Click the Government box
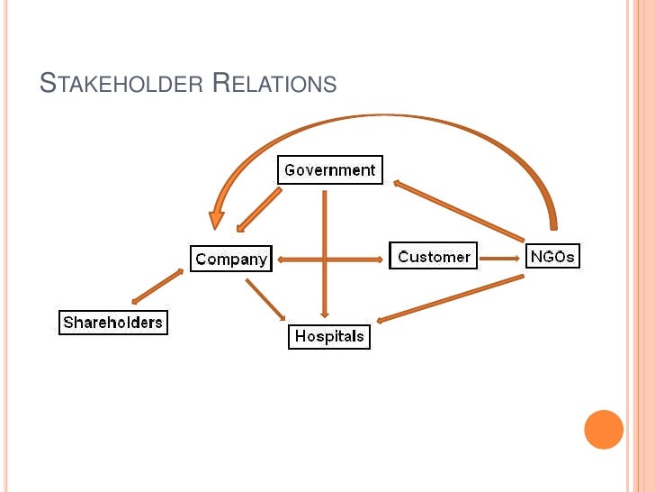pyautogui.click(x=329, y=169)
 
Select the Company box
pyautogui.click(x=231, y=259)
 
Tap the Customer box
pyautogui.click(x=434, y=256)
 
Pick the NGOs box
pyautogui.click(x=552, y=256)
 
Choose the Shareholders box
pyautogui.click(x=113, y=323)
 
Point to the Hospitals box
pyautogui.click(x=329, y=336)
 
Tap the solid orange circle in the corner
pyautogui.click(x=604, y=430)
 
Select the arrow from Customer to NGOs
pyautogui.click(x=500, y=257)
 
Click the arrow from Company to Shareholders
pyautogui.click(x=157, y=287)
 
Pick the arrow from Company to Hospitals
pyautogui.click(x=265, y=300)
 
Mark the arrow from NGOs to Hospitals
pyautogui.click(x=450, y=298)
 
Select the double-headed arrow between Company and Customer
pyautogui.click(x=360, y=260)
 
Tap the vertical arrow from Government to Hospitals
pyautogui.click(x=325, y=225)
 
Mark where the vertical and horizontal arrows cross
pyautogui.click(x=325, y=260)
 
